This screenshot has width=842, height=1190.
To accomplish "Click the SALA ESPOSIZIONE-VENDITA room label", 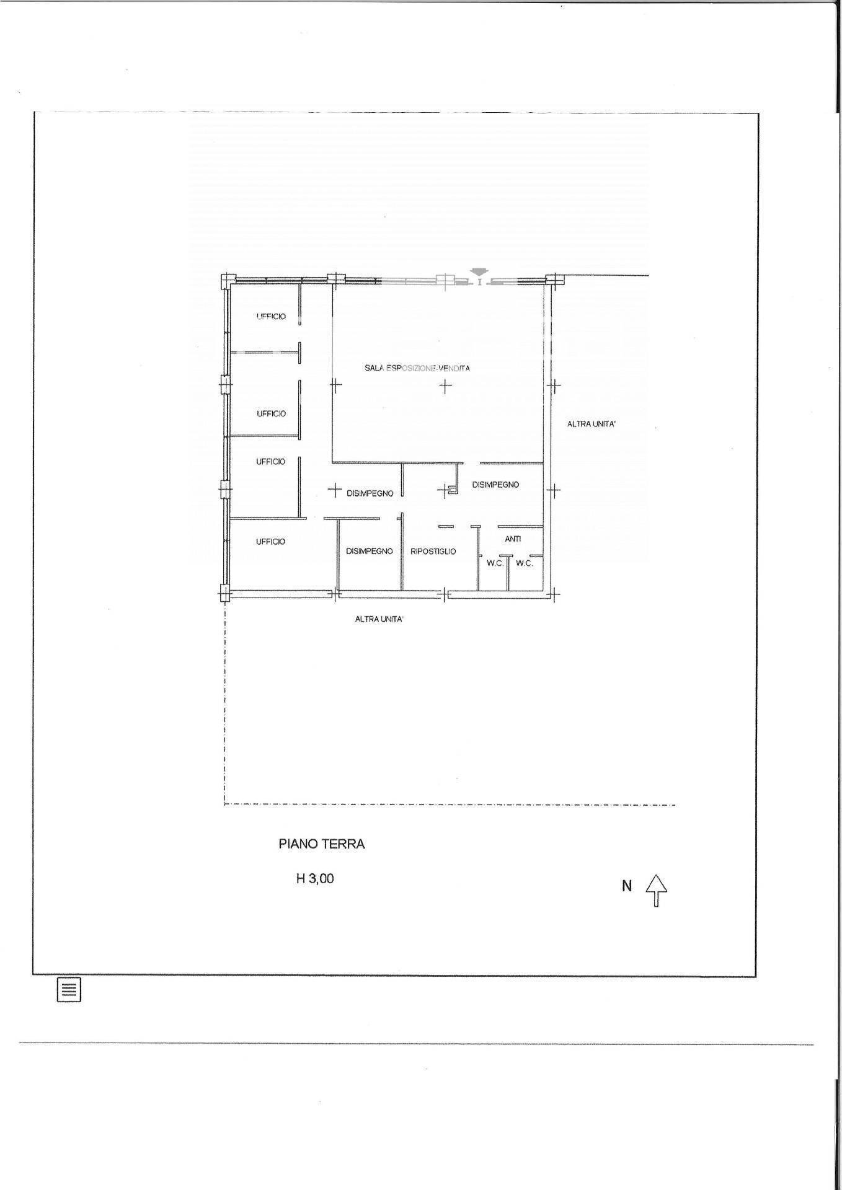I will click(x=417, y=368).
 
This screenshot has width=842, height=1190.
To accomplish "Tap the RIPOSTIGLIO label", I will click(x=433, y=551).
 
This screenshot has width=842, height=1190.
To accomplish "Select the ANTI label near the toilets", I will click(x=513, y=539).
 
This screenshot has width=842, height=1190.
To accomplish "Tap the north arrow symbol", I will click(x=657, y=890).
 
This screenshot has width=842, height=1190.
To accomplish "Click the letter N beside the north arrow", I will click(x=627, y=886).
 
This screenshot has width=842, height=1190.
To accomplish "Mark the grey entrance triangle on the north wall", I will click(x=479, y=271).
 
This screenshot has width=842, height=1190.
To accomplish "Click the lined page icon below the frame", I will click(x=69, y=990).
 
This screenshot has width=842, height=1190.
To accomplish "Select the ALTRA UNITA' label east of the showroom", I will click(x=591, y=425).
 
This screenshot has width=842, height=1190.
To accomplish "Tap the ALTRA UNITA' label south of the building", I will click(x=379, y=619).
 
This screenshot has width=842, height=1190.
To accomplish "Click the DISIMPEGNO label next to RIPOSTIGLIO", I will click(x=370, y=551).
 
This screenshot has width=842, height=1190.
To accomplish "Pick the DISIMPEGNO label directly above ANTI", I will click(x=495, y=485).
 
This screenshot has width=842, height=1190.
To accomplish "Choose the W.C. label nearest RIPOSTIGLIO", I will click(x=495, y=563).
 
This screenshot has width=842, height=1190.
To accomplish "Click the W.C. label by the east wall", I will click(x=525, y=563).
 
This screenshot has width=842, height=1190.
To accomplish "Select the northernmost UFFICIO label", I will click(x=271, y=317).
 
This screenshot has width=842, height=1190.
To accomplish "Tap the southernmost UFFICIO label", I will click(x=270, y=542).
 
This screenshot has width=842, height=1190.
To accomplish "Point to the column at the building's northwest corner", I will click(x=228, y=280).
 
